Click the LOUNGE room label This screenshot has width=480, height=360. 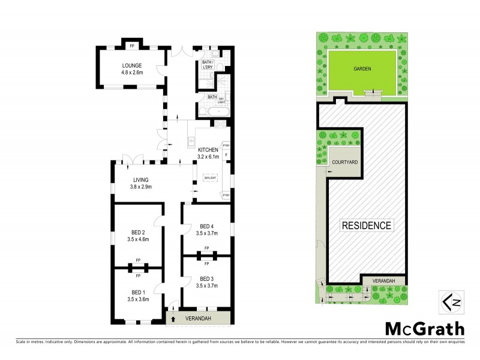pyautogui.click(x=131, y=65)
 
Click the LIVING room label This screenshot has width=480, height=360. pyautogui.click(x=141, y=179)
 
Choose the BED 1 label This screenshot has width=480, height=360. pyautogui.click(x=138, y=291)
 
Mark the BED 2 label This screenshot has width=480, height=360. pyautogui.click(x=138, y=232)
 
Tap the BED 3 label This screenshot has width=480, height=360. pyautogui.click(x=206, y=278)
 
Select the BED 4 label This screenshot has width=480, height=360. pyautogui.click(x=206, y=226)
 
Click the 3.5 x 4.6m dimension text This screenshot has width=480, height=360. pyautogui.click(x=138, y=239)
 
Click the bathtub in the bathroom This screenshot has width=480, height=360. pyautogui.click(x=215, y=111)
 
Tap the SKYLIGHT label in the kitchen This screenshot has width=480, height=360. pyautogui.click(x=209, y=178)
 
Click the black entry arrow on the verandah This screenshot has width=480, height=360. pyautogui.click(x=174, y=319)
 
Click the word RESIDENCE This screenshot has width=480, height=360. pyautogui.click(x=367, y=226)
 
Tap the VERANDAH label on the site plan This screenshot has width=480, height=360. pyautogui.click(x=384, y=280)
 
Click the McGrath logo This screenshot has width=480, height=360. pyautogui.click(x=424, y=328)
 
